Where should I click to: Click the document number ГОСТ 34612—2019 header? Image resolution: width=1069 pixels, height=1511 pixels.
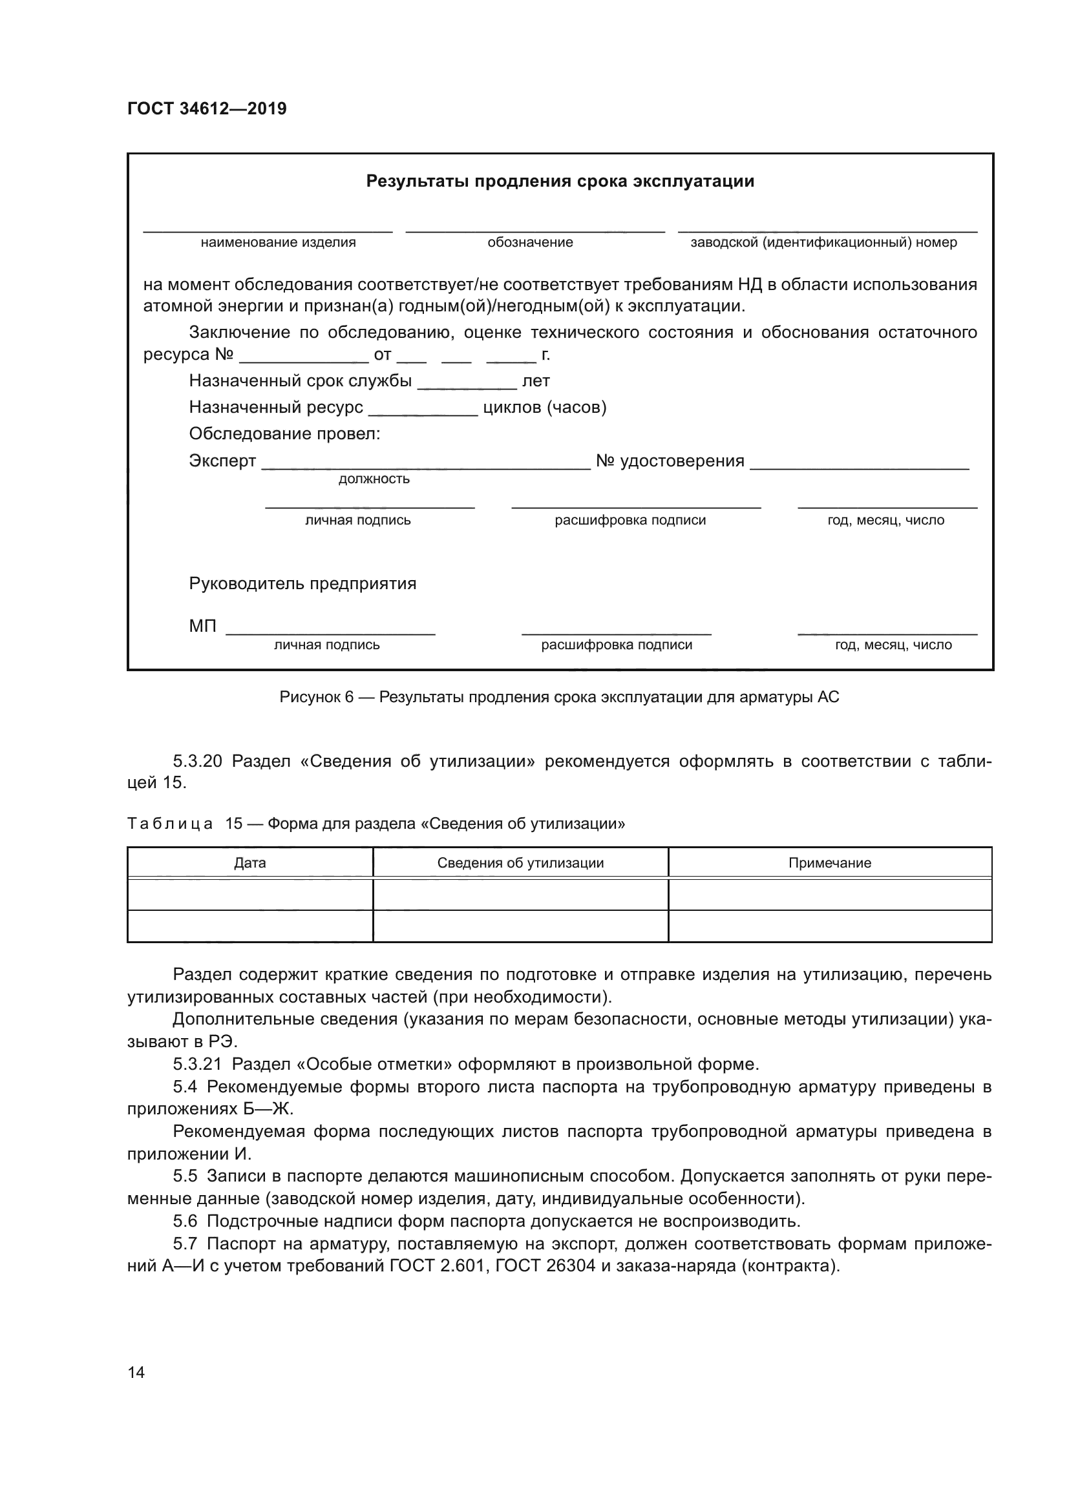click(x=207, y=109)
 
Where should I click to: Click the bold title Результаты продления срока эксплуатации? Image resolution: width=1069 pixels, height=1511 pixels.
click(x=560, y=181)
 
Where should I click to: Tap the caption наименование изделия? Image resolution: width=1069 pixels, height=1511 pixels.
click(x=278, y=242)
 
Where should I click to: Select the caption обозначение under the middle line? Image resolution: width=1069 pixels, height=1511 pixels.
click(x=530, y=242)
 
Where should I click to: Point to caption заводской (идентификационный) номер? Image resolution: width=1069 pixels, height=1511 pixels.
click(x=823, y=242)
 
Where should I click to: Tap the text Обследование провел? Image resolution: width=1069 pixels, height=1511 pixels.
click(x=284, y=433)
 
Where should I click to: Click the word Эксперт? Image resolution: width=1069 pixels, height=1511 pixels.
click(x=222, y=461)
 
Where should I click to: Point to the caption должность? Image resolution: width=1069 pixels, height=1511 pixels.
click(x=374, y=479)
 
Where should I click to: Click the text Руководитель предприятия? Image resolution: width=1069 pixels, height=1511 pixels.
click(x=302, y=584)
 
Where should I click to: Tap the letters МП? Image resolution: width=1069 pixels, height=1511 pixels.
click(x=202, y=626)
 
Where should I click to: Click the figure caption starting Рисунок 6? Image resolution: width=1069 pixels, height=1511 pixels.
click(x=560, y=697)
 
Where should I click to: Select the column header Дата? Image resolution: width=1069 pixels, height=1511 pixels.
click(x=249, y=863)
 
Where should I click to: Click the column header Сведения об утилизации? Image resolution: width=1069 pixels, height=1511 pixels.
click(x=520, y=863)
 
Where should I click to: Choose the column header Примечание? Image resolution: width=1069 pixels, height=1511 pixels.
click(x=829, y=863)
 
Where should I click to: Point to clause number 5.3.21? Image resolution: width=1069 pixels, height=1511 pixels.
click(x=197, y=1064)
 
